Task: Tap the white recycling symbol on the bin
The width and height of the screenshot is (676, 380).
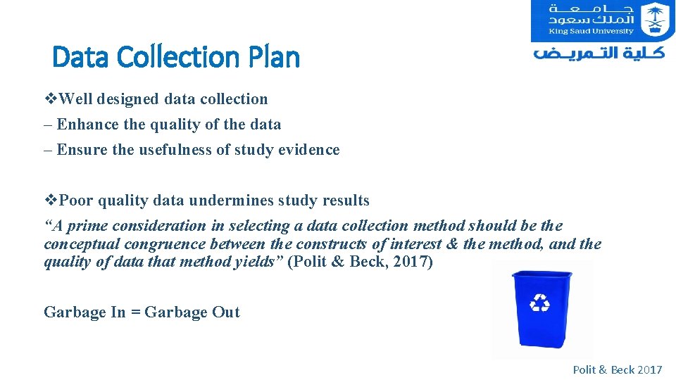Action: (x=540, y=302)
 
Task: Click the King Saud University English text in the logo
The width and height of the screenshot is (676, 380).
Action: (x=592, y=31)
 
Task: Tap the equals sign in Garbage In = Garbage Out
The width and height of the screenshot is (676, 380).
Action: (x=134, y=312)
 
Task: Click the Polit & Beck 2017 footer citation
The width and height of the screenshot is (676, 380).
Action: (x=617, y=369)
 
